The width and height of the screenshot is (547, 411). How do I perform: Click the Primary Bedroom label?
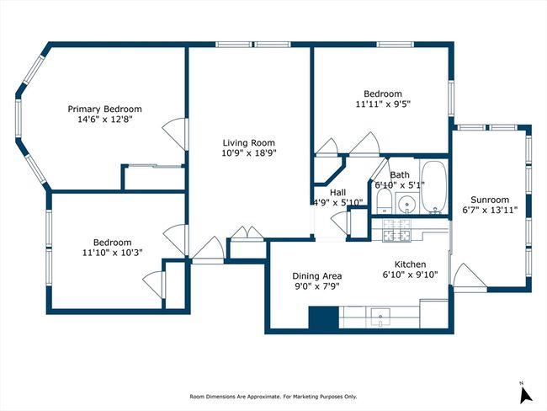coord(104,109)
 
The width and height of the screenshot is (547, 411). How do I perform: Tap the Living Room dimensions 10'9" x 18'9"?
coord(249,153)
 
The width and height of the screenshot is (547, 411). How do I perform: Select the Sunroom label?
coord(490,200)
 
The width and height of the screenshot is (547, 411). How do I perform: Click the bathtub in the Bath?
coord(434,187)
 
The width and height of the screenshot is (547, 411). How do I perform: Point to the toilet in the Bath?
coord(385,201)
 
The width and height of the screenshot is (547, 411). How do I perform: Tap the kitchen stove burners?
coord(396,230)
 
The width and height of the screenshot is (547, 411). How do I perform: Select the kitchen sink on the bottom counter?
coord(381,317)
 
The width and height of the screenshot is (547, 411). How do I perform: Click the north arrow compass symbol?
coord(525,394)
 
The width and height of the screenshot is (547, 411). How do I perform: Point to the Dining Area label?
coord(317,276)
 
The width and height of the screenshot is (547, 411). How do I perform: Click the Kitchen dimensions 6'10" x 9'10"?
coord(411,275)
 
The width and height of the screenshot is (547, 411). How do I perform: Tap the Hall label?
coord(337,192)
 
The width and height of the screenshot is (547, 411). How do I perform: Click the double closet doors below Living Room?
coord(247,233)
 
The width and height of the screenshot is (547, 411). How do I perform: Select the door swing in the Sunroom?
coord(470,278)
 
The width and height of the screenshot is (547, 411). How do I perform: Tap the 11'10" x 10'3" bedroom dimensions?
coord(113,252)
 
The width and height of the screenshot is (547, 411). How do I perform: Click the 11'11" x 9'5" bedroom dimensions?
coord(383,104)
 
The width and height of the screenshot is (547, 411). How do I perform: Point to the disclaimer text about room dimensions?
coord(273,397)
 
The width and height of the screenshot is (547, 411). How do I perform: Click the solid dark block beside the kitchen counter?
coord(324,318)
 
